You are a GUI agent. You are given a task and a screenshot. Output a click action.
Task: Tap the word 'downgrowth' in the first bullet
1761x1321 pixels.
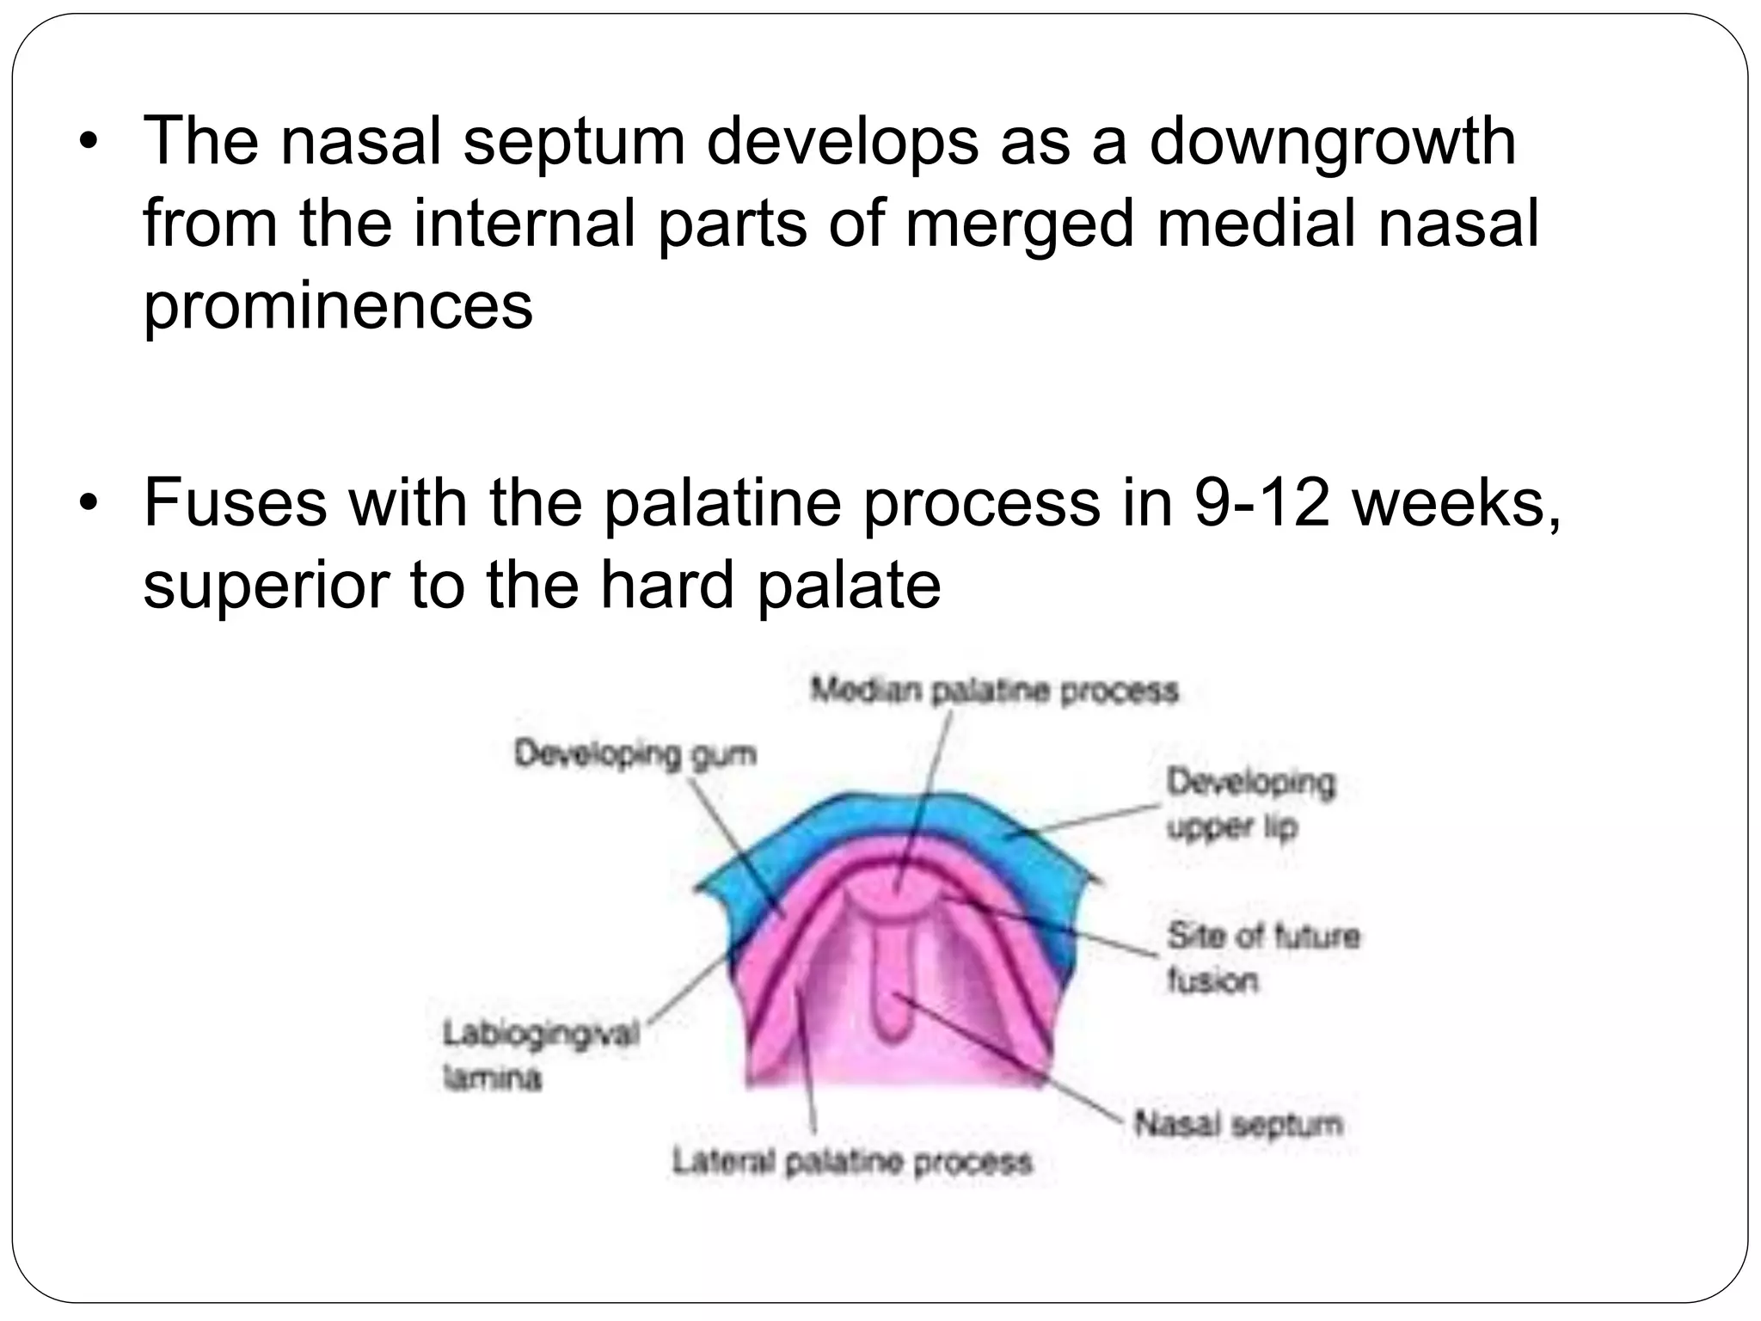click(1332, 143)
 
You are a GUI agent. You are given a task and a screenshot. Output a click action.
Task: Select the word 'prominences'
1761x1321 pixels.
click(338, 306)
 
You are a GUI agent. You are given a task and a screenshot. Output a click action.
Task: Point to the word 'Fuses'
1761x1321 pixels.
click(235, 502)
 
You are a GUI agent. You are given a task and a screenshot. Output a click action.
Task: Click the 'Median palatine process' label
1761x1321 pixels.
click(994, 691)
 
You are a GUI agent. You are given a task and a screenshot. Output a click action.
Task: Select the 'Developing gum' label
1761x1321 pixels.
click(635, 754)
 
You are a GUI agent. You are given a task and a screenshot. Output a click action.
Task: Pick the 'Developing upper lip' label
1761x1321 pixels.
click(1249, 805)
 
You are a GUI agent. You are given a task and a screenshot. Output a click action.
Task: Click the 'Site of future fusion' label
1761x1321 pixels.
click(1261, 957)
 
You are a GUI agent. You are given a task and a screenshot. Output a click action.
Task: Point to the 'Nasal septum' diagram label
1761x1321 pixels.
click(1237, 1124)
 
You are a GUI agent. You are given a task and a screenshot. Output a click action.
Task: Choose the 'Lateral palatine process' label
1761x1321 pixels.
click(851, 1163)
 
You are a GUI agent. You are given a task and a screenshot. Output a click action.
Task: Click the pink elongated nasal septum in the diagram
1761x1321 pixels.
click(892, 980)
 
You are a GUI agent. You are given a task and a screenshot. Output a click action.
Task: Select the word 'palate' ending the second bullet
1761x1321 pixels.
click(848, 586)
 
